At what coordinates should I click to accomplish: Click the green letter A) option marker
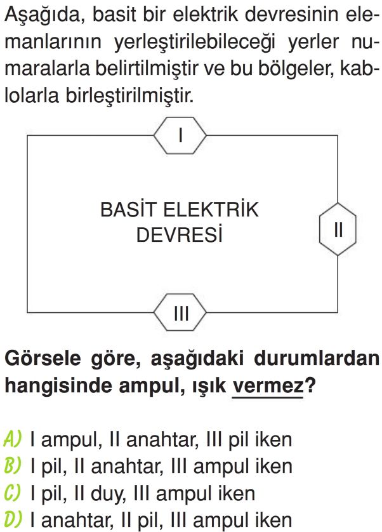[x=13, y=439]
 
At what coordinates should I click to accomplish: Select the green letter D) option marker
[x=13, y=519]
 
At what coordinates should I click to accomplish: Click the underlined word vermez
[x=268, y=386]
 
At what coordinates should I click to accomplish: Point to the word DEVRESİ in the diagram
[x=180, y=234]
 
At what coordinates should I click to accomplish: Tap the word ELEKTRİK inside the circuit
[x=211, y=209]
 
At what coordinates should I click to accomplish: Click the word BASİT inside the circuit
[x=129, y=209]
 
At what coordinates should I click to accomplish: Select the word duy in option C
[x=109, y=495]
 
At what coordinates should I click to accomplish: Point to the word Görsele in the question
[x=43, y=359]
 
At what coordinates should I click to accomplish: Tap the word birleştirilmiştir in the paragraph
[x=129, y=96]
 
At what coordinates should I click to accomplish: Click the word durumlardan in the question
[x=317, y=358]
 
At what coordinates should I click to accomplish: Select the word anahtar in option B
[x=127, y=466]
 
